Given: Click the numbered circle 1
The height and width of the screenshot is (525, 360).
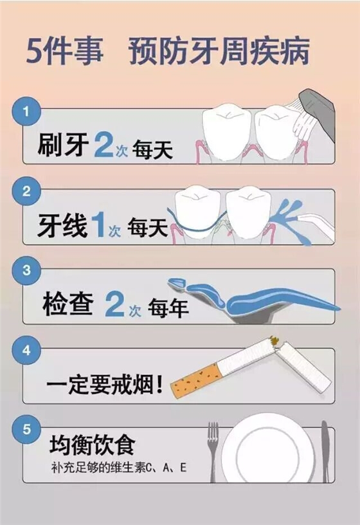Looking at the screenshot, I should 26,111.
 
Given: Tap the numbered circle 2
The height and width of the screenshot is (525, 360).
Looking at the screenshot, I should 26,191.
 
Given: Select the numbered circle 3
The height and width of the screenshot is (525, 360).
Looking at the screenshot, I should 26,271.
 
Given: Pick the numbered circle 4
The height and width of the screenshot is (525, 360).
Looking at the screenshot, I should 26,351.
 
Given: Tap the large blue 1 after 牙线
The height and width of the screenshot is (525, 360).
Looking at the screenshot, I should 98,225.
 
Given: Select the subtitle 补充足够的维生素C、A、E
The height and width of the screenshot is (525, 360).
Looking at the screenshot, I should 119,468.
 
